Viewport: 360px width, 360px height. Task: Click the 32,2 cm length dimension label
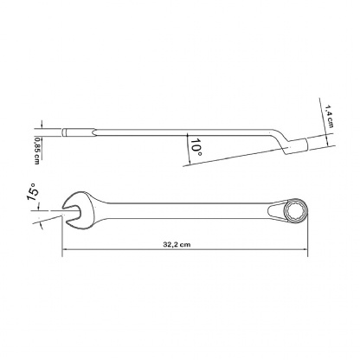[177, 245]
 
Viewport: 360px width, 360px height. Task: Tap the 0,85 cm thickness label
[36, 151]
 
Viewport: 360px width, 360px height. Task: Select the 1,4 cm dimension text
[329, 116]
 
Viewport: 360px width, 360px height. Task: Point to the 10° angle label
[196, 147]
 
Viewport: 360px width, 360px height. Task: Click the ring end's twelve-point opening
[295, 211]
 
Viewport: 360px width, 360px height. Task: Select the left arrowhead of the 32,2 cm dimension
[65, 249]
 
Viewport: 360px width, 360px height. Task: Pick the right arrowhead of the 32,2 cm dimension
[305, 249]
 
